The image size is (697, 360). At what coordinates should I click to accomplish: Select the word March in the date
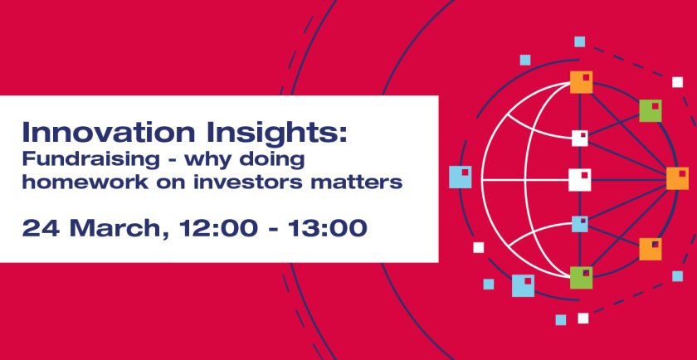[x=103, y=227]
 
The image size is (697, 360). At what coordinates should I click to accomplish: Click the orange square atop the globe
[x=581, y=82]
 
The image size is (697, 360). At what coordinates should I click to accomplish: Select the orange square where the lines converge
[x=677, y=178]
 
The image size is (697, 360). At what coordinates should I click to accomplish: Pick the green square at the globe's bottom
[x=581, y=278]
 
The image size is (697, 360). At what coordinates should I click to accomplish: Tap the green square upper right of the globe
[x=651, y=110]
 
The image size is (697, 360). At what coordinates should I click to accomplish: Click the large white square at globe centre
[x=579, y=179]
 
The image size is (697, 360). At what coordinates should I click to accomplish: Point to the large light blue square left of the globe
[x=460, y=177]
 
